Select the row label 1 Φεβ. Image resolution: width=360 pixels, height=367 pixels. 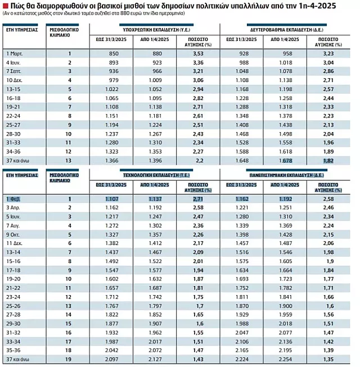coord(13,199)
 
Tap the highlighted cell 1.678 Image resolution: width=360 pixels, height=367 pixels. coord(285,161)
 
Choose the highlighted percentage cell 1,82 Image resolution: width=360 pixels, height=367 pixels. coord(328,161)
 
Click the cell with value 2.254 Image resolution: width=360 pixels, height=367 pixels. coord(285,359)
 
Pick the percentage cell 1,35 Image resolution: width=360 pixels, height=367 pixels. coord(328,359)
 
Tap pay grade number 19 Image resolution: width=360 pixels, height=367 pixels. coord(69,359)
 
